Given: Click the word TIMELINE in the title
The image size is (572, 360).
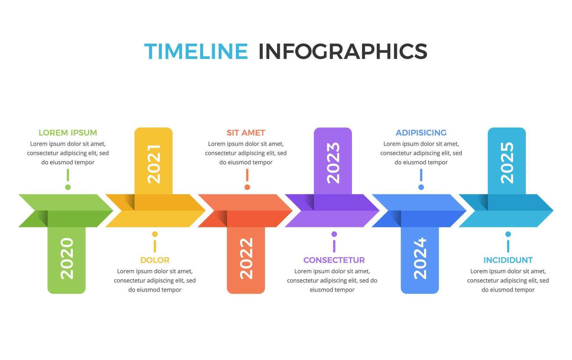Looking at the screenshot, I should coord(196,51).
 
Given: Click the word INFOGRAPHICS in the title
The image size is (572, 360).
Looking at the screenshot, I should coord(343,51).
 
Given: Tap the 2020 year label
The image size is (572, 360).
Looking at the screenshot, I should coord(67,258).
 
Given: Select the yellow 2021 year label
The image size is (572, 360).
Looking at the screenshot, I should coord(154,163).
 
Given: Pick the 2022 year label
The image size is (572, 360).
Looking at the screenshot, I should coord(246,258).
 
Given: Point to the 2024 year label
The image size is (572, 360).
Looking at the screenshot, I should coord(420,258).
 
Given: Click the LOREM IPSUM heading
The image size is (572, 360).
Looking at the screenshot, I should coord(68,133).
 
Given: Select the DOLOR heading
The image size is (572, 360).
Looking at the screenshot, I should coord(155,260).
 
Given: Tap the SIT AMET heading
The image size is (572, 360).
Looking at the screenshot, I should coord(246,133).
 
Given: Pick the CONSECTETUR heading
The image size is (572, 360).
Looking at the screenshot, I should coord(334,260).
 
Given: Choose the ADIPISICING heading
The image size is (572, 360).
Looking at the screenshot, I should coord(421,133).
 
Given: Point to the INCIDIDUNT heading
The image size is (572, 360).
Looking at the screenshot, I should coord(508,260).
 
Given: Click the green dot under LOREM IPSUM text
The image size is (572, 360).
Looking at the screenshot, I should coord(68,187).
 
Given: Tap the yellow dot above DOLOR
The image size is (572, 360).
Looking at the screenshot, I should coord(155,234).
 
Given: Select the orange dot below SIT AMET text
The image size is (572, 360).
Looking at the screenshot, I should coord(247,187).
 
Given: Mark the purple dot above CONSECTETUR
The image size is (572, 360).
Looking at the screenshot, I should coord(334,234).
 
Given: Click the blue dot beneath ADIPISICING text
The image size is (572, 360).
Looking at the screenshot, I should coord(421,187).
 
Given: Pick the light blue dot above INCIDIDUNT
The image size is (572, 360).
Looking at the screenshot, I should coord(508,234).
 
